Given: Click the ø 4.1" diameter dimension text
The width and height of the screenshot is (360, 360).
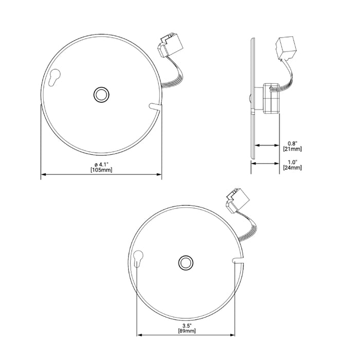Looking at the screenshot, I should (x=101, y=164).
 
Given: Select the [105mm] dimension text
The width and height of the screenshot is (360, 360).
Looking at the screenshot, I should (x=101, y=170).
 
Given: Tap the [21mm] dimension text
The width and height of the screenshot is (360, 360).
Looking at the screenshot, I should (x=292, y=149).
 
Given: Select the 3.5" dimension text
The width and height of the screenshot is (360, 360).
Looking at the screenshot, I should (x=188, y=326).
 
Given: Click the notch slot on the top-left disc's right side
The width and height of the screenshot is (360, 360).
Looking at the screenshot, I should (x=155, y=106).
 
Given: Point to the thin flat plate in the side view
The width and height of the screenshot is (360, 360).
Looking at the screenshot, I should (x=253, y=98).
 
